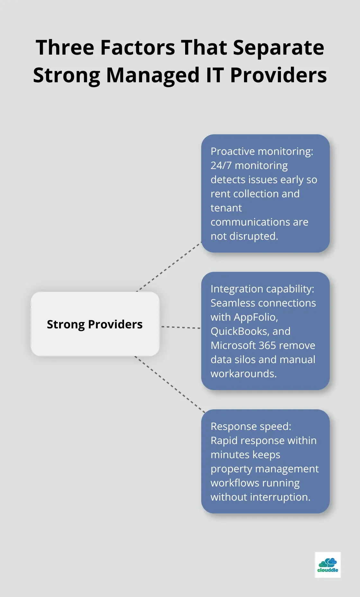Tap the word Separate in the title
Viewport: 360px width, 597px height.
(x=278, y=48)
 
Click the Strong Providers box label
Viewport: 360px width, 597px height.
(x=95, y=324)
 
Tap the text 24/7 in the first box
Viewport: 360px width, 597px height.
(x=221, y=165)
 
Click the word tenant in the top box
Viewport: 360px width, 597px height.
(x=226, y=208)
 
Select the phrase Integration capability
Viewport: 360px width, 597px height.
(x=262, y=289)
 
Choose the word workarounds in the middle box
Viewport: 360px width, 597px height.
(x=243, y=374)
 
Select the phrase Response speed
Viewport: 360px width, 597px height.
(x=251, y=426)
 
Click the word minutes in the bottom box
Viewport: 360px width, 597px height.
(x=229, y=455)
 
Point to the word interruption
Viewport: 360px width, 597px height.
(x=280, y=497)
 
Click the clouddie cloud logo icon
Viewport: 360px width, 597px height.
(x=328, y=563)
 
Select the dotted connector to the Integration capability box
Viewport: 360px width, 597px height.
(x=181, y=327)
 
